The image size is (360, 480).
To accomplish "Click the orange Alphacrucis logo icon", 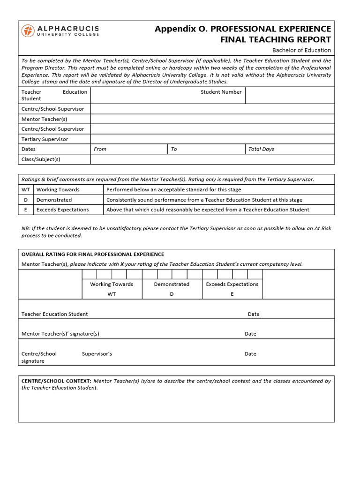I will [x=28, y=31].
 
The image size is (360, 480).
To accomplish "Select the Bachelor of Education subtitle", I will [x=301, y=50].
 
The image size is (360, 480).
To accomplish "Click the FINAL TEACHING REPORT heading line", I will [x=276, y=39].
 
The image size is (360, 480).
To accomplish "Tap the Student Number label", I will [x=221, y=92].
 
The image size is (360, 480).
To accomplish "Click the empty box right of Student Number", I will [x=290, y=95].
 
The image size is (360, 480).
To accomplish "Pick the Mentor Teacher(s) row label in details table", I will [x=45, y=119].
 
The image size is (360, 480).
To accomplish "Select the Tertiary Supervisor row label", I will [x=45, y=139].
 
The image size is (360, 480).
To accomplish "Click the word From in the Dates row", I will [x=100, y=149].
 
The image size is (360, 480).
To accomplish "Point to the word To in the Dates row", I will [x=174, y=149].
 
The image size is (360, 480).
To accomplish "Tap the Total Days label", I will [x=261, y=149].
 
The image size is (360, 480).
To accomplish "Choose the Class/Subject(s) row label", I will [x=41, y=159].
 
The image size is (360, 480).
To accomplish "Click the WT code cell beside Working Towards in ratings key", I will [x=26, y=189].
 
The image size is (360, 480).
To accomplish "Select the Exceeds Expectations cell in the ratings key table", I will [x=62, y=210].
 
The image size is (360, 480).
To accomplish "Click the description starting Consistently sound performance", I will [x=204, y=200].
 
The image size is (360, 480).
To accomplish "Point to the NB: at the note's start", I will [x=26, y=228].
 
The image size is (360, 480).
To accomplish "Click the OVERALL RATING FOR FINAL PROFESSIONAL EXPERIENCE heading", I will [x=93, y=254].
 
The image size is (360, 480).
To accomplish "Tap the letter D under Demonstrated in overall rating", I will [x=172, y=294].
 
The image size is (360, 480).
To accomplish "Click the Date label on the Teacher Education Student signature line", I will [x=254, y=314].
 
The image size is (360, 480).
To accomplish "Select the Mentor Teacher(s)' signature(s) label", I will [x=60, y=334].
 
